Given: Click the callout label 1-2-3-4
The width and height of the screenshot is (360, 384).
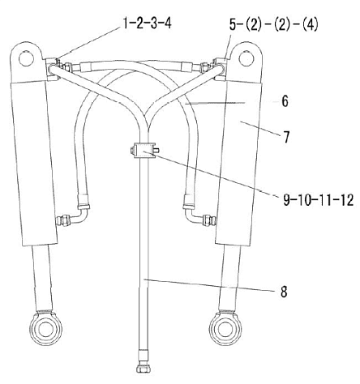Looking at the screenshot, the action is click(148, 23).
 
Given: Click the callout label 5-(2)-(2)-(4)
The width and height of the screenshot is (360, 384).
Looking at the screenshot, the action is click(274, 24).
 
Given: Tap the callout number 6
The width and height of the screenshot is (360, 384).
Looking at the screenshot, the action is click(285, 101).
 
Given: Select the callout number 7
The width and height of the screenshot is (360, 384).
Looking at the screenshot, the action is click(286, 137).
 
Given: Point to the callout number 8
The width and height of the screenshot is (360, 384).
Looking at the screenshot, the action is click(284, 292).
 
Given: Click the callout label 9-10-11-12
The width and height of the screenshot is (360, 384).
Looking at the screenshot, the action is click(319, 200).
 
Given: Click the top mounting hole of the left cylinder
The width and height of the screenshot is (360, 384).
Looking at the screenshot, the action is click(26, 58).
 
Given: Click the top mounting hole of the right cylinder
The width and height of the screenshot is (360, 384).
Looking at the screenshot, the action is click(246, 58).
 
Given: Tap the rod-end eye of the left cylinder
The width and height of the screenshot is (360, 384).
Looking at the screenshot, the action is click(45, 328).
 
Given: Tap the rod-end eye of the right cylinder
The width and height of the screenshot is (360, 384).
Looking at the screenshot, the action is click(225, 328).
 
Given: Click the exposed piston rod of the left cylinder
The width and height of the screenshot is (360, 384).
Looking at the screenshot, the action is click(42, 278).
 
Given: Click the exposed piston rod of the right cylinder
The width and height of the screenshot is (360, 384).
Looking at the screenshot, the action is click(229, 278).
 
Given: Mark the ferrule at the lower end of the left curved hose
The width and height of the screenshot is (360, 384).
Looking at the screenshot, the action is click(83, 201).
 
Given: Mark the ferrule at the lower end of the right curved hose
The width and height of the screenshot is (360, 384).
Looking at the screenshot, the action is click(189, 201).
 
